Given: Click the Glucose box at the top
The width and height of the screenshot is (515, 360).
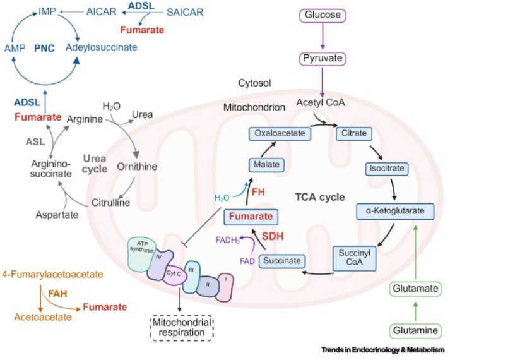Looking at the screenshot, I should (323, 14).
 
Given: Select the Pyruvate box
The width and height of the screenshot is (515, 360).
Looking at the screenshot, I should (323, 59).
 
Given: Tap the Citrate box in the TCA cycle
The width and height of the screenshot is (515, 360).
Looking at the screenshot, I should (353, 134).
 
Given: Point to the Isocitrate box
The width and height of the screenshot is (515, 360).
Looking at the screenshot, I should (386, 169).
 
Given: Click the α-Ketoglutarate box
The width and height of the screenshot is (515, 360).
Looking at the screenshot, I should (395, 210).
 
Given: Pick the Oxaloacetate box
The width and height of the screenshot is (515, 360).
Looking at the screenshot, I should (276, 134).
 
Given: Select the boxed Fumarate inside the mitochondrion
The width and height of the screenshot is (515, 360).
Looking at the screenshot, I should (251, 217).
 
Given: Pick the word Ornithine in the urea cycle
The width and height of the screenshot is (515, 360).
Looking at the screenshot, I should (137, 167).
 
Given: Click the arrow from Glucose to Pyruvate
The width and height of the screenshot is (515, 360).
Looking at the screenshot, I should (323, 37).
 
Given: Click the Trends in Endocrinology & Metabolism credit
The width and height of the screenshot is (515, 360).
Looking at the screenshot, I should (382, 350).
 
